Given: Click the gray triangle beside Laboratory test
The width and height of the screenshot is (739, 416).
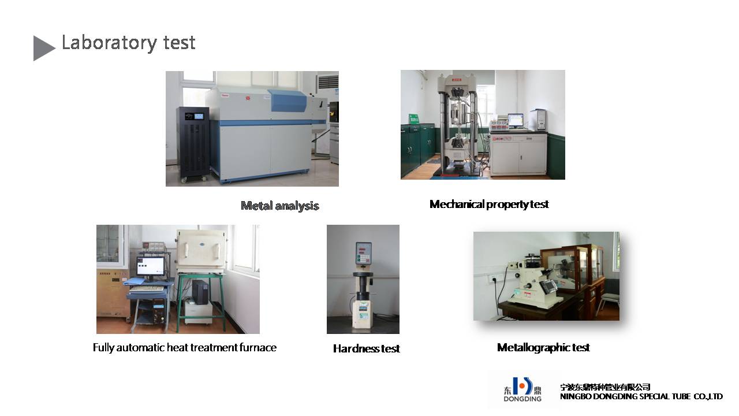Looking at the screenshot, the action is tap(42, 48).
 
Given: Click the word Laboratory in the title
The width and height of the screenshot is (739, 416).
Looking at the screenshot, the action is tap(110, 43).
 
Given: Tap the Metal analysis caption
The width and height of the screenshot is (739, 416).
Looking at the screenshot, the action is tap(280, 206).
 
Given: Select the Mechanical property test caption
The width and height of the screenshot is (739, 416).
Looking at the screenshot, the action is tap(489, 205).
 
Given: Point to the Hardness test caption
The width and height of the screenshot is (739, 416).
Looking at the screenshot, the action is tap(366, 348).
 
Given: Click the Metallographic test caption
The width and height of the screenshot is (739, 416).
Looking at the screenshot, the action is tap(543, 347).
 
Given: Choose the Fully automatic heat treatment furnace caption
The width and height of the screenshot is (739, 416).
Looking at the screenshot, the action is tap(184, 347).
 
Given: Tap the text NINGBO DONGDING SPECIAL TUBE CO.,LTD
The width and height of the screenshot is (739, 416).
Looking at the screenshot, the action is tap(641, 396).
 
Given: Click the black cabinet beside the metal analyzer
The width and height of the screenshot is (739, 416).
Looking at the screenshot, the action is tap(193, 144).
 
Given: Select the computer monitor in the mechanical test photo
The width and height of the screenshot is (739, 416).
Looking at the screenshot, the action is tap(516, 121).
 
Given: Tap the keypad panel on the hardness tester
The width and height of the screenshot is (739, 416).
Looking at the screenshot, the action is tap(364, 253).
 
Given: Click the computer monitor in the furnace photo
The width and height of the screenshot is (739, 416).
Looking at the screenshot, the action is tap(151, 266).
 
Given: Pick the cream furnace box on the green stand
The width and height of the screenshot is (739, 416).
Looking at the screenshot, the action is tap(202, 251).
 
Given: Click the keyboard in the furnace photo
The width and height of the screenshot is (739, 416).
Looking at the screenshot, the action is tap(147, 288).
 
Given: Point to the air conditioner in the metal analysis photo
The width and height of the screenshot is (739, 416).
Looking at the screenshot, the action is tap(327, 84).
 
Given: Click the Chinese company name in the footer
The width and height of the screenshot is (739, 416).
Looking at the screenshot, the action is tap(605, 387).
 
